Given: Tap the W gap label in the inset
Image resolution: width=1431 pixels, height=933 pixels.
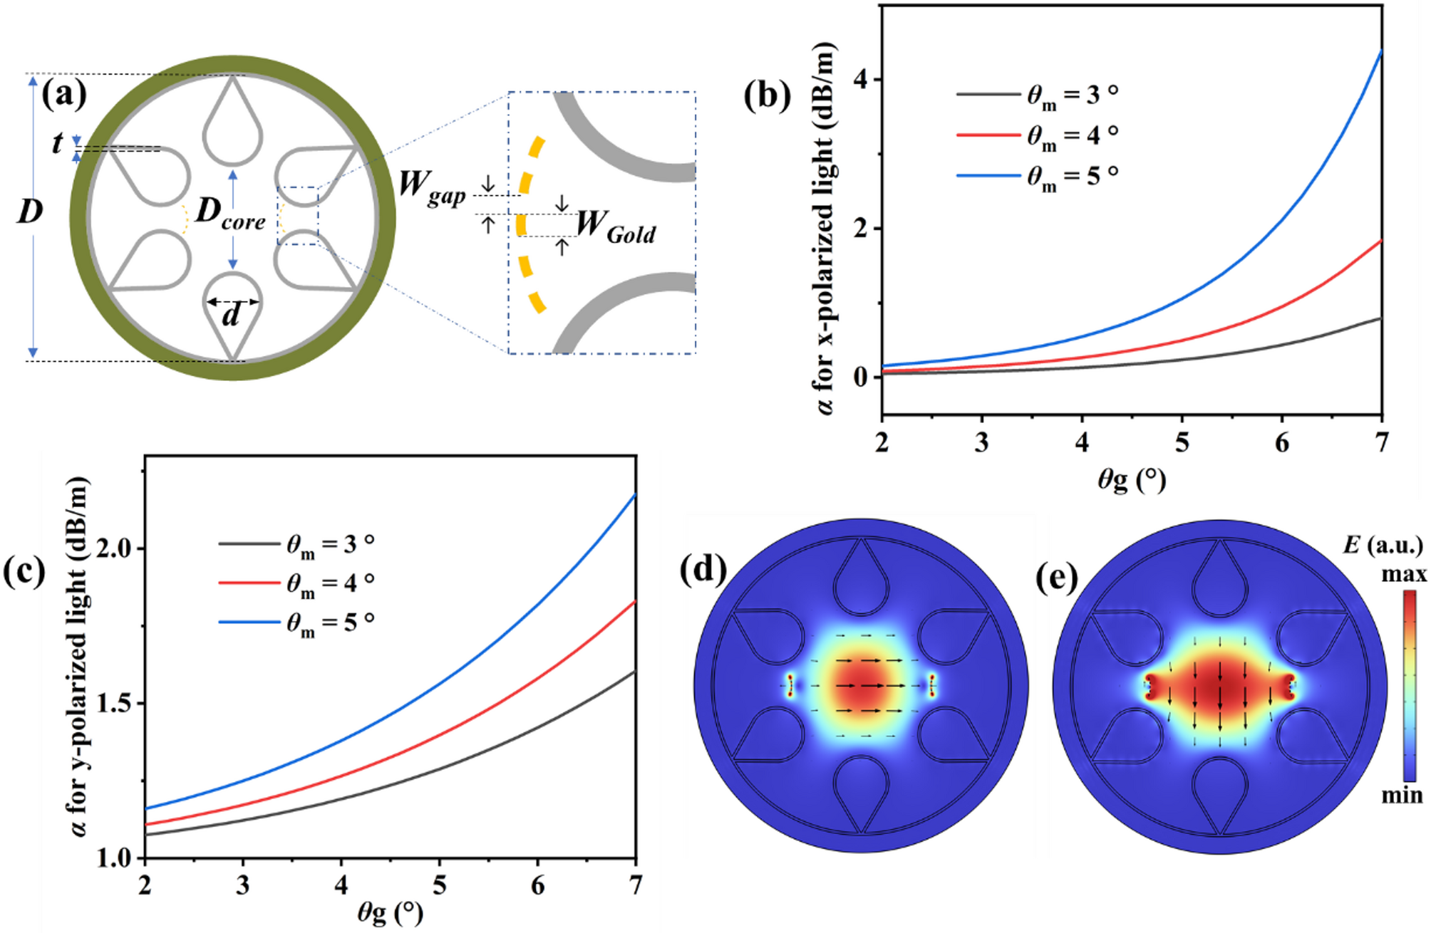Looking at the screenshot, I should pyautogui.click(x=432, y=188).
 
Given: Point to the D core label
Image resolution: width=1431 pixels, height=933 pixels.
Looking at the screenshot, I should pyautogui.click(x=229, y=214).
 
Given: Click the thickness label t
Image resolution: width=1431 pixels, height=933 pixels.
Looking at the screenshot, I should pyautogui.click(x=57, y=144).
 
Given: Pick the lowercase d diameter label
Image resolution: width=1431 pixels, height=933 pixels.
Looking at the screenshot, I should pyautogui.click(x=231, y=315).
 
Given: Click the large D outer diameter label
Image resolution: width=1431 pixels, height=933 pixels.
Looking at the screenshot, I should pyautogui.click(x=30, y=212).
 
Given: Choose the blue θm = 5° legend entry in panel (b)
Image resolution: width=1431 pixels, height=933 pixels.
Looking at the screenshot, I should pyautogui.click(x=1038, y=176).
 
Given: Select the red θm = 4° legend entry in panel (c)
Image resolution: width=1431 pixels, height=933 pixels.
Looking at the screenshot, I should pyautogui.click(x=296, y=583).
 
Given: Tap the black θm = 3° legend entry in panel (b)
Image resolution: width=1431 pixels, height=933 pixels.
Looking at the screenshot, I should pyautogui.click(x=1038, y=95).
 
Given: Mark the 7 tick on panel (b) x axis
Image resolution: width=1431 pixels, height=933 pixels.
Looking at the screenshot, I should pyautogui.click(x=1381, y=444).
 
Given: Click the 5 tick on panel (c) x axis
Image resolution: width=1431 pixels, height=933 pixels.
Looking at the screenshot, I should pyautogui.click(x=440, y=885).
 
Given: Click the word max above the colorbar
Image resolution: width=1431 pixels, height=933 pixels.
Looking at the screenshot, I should pyautogui.click(x=1404, y=575).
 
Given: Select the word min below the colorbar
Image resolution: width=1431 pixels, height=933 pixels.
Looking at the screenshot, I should pyautogui.click(x=1401, y=795).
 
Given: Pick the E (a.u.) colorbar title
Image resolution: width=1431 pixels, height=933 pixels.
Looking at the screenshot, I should pyautogui.click(x=1383, y=546).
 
